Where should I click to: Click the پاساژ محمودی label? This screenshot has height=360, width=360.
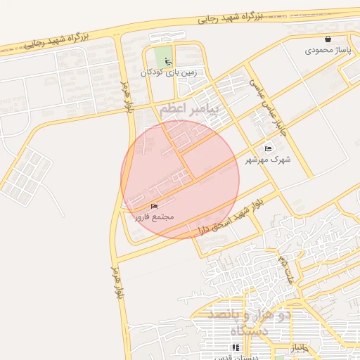pyautogui.click(x=328, y=51)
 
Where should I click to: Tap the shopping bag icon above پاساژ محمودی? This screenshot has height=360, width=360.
pyautogui.click(x=328, y=39)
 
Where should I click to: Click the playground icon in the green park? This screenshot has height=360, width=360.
pyautogui.click(x=167, y=60)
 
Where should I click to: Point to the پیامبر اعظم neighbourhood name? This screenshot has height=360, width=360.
pyautogui.click(x=189, y=109)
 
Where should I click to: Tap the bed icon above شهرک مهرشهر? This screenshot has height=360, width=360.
pyautogui.click(x=267, y=148)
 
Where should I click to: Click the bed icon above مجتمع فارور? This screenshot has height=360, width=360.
pyautogui.click(x=154, y=206)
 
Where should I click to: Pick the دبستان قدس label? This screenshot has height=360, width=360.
pyautogui.click(x=235, y=356)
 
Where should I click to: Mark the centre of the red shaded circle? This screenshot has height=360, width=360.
pyautogui.click(x=180, y=179)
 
